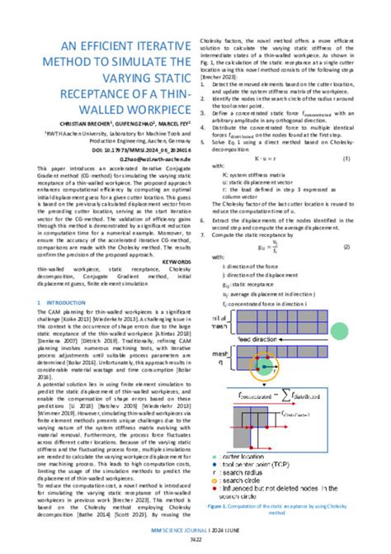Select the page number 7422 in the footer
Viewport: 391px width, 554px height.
click(x=195, y=538)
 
